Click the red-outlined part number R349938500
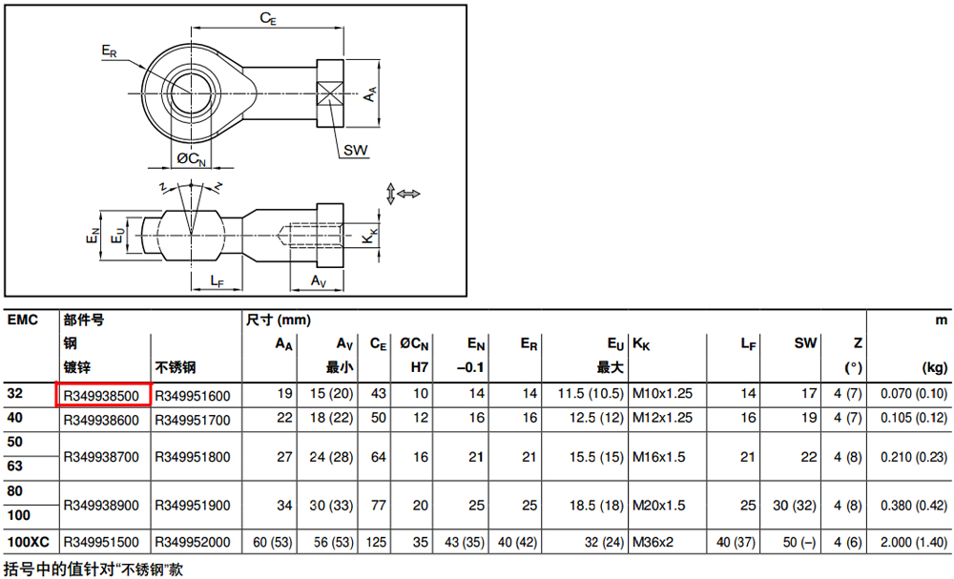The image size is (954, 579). (x=102, y=396)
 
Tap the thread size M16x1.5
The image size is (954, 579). (x=659, y=457)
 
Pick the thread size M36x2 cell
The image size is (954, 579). (x=653, y=542)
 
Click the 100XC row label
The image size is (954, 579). (x=28, y=542)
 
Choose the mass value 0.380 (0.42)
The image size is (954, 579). (x=914, y=506)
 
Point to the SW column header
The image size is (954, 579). (x=805, y=343)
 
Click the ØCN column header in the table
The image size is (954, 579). (x=414, y=345)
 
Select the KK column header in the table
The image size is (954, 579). (x=641, y=345)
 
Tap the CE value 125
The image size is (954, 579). (x=376, y=542)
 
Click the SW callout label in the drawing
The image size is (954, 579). (x=355, y=150)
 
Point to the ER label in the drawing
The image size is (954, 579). (x=109, y=52)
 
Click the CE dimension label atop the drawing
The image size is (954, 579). (x=268, y=19)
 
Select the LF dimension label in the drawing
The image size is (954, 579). (x=218, y=281)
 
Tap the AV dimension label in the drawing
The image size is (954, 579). (x=319, y=281)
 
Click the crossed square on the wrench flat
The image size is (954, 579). (x=330, y=93)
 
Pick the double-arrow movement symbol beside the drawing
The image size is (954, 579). (x=403, y=194)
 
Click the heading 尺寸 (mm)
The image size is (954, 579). (x=278, y=320)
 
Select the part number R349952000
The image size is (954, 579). (x=193, y=542)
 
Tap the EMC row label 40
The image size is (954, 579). (x=15, y=418)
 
